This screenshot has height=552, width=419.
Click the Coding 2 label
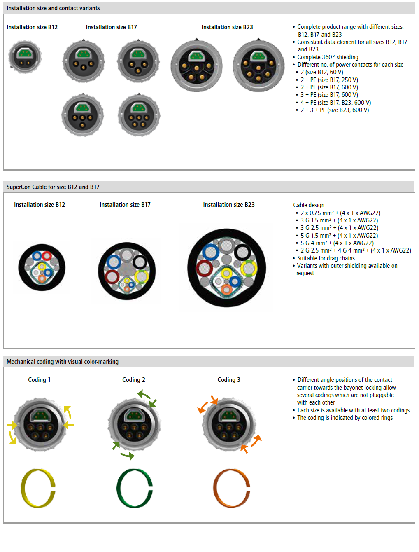[133, 380]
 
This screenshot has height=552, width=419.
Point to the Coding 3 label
[229, 380]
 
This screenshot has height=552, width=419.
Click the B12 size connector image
[25, 57]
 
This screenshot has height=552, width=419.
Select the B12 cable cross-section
[42, 268]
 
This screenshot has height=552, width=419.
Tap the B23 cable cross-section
[226, 268]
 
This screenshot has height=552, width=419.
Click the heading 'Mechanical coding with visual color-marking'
[63, 362]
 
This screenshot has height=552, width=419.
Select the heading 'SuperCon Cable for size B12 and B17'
[53, 187]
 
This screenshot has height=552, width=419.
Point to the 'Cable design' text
[309, 205]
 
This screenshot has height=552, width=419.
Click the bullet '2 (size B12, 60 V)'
[321, 72]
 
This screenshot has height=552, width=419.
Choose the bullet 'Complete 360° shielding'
[328, 57]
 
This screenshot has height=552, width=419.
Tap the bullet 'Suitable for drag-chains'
[326, 258]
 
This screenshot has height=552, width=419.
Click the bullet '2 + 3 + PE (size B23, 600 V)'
[334, 110]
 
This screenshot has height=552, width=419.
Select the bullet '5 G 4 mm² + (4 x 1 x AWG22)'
[337, 243]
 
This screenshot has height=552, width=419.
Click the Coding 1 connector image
[40, 424]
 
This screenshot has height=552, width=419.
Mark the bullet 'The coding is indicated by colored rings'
[345, 418]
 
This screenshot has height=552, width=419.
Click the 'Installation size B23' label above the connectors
[227, 27]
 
